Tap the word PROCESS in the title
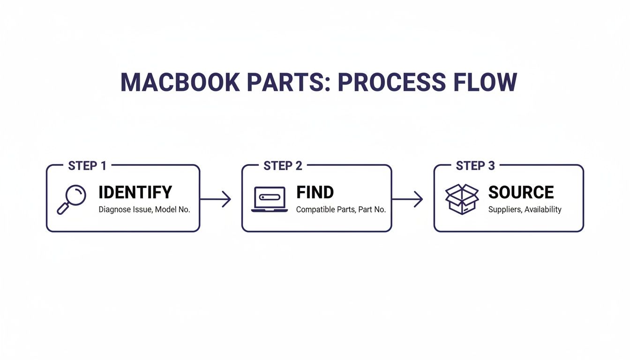tap(392, 82)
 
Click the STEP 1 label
tap(87, 166)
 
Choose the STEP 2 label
tap(283, 166)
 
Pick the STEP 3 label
tap(475, 166)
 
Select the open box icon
tap(461, 199)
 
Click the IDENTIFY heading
tap(135, 193)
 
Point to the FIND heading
tap(315, 193)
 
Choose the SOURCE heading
tap(521, 193)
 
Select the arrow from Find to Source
tap(407, 199)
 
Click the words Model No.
tap(172, 210)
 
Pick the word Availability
tap(543, 210)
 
